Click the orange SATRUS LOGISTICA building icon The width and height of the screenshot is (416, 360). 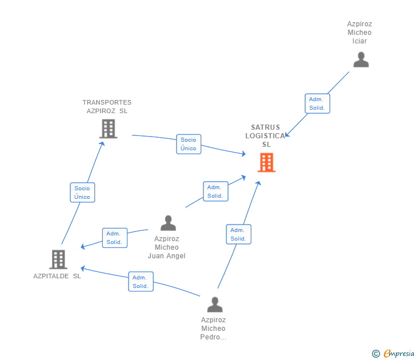click(266, 162)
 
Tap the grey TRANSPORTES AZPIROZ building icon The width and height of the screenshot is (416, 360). click(109, 129)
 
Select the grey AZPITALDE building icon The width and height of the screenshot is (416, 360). click(58, 259)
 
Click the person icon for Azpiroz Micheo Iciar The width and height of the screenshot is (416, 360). click(361, 60)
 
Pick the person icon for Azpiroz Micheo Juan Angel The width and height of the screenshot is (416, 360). click(168, 223)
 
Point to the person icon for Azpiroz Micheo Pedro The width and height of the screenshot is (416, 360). click(215, 305)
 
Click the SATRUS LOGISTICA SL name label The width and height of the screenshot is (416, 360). click(266, 136)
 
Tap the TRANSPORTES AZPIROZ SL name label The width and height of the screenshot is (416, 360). click(107, 107)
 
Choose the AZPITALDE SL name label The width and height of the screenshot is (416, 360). click(57, 276)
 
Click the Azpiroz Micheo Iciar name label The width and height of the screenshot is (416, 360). click(359, 33)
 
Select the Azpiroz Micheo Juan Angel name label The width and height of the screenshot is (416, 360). click(167, 247)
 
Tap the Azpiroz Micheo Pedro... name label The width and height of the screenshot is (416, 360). click(213, 329)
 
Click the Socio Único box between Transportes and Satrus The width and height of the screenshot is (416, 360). click(189, 144)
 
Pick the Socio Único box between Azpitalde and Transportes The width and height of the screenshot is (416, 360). click(82, 193)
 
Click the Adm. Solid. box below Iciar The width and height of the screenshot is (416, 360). click(317, 103)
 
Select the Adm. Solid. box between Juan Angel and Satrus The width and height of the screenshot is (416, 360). click(215, 191)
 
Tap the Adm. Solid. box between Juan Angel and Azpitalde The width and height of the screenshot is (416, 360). click(114, 238)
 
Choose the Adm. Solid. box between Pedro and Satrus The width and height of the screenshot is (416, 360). click(238, 234)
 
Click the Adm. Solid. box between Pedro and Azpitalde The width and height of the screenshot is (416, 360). click(141, 282)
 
